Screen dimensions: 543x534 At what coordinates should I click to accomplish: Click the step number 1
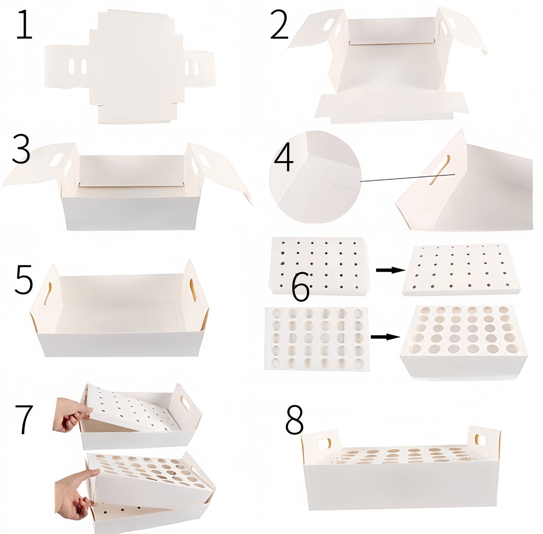(25, 25)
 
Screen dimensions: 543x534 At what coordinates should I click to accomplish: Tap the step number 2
(279, 25)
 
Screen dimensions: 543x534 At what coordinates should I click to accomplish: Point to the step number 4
(284, 158)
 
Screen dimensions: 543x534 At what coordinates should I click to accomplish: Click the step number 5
(24, 279)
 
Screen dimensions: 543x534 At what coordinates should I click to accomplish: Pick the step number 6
(301, 287)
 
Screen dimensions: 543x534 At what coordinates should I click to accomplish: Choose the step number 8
(294, 427)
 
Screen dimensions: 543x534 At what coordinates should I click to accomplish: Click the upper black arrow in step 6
(390, 270)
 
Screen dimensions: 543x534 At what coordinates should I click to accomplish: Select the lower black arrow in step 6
(386, 337)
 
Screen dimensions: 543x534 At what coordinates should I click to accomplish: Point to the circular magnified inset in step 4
(315, 177)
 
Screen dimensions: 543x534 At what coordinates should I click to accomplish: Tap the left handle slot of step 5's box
(48, 294)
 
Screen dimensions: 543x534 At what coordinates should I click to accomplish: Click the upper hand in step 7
(72, 414)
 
